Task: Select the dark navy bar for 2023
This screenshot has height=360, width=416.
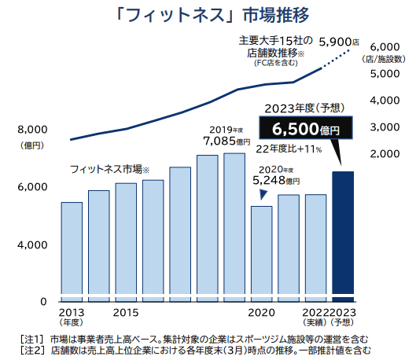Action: (x=343, y=236)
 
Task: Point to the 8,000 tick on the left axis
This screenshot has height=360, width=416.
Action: (x=32, y=129)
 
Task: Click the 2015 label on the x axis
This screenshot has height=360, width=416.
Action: (x=126, y=313)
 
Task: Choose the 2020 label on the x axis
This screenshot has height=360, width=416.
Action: (x=261, y=313)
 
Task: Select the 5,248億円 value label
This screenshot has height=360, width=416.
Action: (x=276, y=180)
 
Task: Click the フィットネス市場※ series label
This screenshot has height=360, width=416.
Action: (x=109, y=169)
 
